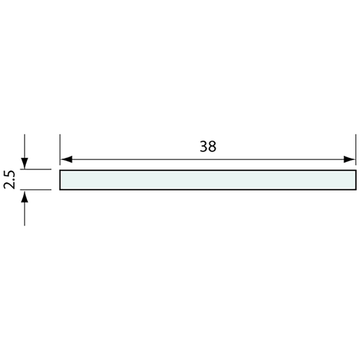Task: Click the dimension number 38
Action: [x=208, y=146]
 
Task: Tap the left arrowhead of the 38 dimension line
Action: [x=66, y=160]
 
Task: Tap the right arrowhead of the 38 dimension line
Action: [x=350, y=160]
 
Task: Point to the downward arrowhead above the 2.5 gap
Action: [x=25, y=164]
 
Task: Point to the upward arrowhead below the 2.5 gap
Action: [x=25, y=196]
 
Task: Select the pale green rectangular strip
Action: [x=207, y=180]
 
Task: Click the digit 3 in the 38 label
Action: [x=203, y=146]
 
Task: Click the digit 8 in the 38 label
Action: [x=213, y=146]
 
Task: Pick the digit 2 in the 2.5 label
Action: [x=9, y=187]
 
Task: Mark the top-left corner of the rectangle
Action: [x=60, y=170]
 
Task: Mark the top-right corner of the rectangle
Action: [x=355, y=170]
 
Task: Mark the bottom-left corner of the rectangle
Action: [x=60, y=190]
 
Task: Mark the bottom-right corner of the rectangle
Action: [x=355, y=190]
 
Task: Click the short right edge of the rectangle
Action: [x=355, y=180]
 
